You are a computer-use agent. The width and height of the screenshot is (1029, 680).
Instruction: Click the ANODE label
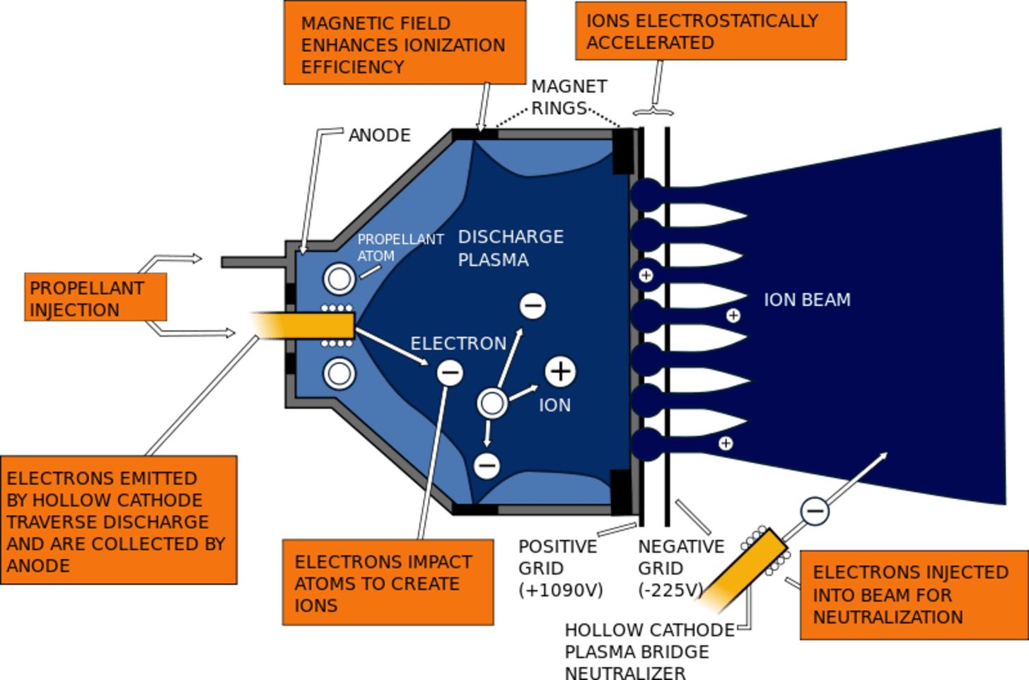379,135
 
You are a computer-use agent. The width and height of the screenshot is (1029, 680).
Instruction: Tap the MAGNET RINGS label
569,97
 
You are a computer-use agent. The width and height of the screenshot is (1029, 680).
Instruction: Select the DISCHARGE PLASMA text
510,248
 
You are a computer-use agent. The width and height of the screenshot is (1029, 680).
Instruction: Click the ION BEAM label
806,300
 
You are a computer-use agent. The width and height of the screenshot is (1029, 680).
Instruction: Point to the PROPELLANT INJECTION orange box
95,298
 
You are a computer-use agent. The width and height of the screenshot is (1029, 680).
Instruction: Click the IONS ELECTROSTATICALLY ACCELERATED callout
710,31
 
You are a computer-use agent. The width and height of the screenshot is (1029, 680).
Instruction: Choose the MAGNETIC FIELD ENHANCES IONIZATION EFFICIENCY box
405,43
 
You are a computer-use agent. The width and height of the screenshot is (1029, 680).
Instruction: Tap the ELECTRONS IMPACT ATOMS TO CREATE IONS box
388,583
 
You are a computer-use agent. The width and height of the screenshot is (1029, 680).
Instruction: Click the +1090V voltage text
560,590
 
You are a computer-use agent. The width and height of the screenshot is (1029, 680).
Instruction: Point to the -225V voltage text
670,590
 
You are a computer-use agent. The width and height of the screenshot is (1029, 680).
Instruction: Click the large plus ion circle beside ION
560,371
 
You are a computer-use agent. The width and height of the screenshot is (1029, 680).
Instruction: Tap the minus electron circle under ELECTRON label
450,373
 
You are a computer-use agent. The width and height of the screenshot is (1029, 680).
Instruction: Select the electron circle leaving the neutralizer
815,510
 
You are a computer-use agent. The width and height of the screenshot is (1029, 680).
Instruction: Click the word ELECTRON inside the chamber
458,344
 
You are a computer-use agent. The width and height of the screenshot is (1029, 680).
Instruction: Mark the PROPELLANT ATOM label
400,247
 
